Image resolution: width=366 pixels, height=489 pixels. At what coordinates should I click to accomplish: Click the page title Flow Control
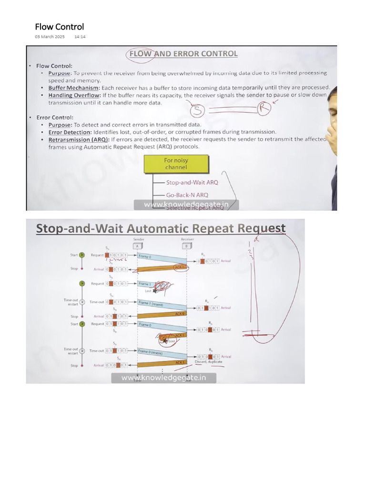tap(60, 27)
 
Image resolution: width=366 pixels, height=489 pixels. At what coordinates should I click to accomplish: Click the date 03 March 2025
tap(50, 37)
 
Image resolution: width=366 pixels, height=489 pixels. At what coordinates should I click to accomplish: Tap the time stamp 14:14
tap(80, 37)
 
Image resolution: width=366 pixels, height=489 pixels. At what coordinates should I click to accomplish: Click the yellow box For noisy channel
tap(176, 164)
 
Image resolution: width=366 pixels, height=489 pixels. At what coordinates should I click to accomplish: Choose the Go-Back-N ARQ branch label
tap(187, 195)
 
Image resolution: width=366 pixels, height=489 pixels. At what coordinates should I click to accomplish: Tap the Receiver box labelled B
tap(186, 246)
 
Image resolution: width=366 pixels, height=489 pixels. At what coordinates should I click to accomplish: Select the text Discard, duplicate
tap(209, 362)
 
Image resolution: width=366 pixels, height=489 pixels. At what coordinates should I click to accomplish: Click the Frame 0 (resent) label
tap(151, 352)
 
